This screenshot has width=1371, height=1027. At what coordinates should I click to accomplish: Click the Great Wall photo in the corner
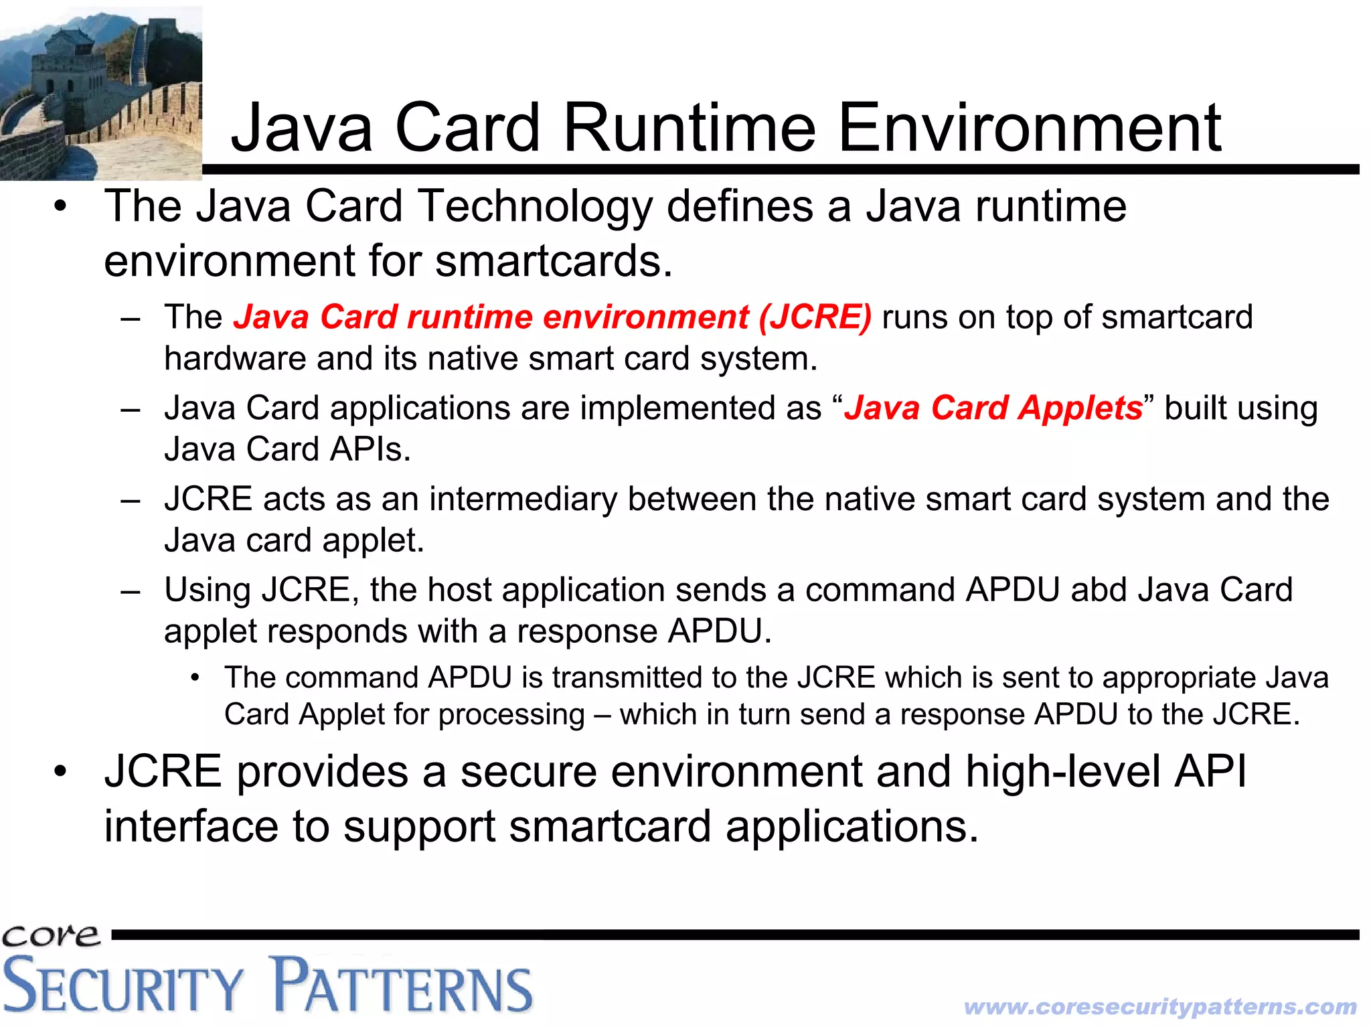coord(100,92)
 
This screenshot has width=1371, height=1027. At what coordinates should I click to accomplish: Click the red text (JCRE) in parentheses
coord(815,317)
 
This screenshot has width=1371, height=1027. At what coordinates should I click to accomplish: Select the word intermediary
coord(523,499)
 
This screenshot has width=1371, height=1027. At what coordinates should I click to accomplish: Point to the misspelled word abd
coord(1099,590)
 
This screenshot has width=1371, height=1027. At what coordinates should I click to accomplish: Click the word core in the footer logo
coord(50,935)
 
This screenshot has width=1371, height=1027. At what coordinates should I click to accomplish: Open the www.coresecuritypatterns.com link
coord(1160,1006)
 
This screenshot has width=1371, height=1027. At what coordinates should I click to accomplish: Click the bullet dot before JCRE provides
coord(61,772)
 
